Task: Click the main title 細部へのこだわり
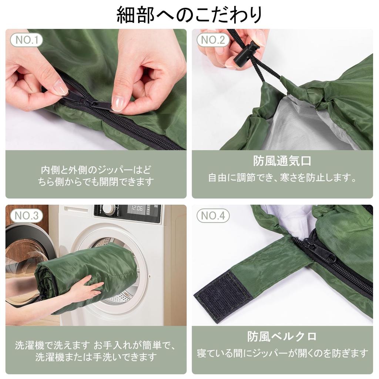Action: click(189, 15)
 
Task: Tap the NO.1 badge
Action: click(27, 40)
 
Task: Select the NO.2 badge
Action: click(213, 40)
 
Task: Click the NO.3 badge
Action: click(27, 216)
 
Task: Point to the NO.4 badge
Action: click(213, 216)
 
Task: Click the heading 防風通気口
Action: click(282, 161)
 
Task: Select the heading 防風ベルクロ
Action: click(282, 336)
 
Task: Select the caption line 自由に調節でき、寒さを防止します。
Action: click(282, 178)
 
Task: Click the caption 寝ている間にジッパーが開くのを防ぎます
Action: click(282, 353)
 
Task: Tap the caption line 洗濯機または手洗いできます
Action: click(96, 357)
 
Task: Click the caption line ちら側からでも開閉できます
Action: click(96, 182)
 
